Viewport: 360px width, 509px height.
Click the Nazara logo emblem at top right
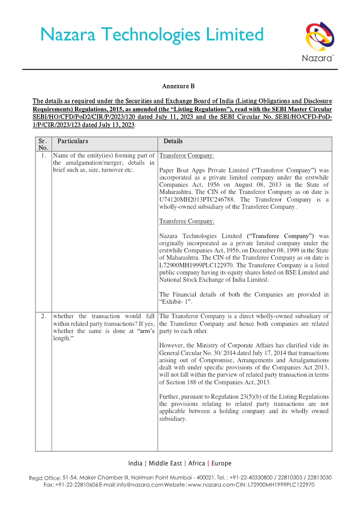319,37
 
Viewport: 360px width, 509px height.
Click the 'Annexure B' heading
178,86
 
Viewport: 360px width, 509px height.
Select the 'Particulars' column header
72,141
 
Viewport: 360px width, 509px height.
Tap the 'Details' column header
173,141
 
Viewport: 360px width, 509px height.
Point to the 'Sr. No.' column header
43,144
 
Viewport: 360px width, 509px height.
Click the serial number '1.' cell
43,155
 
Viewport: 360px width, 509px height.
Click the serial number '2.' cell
43,316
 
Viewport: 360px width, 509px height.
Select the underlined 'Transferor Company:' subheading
187,156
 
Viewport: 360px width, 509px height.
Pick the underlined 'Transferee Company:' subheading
187,221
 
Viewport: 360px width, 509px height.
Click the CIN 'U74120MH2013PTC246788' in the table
195,199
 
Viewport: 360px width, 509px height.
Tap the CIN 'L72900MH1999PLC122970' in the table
195,265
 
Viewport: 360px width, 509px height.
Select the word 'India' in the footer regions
135,463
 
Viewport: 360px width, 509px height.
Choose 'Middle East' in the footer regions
165,463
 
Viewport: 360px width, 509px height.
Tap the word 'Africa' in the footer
197,463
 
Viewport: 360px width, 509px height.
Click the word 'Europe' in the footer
221,463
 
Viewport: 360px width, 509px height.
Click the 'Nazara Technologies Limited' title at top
152,35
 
